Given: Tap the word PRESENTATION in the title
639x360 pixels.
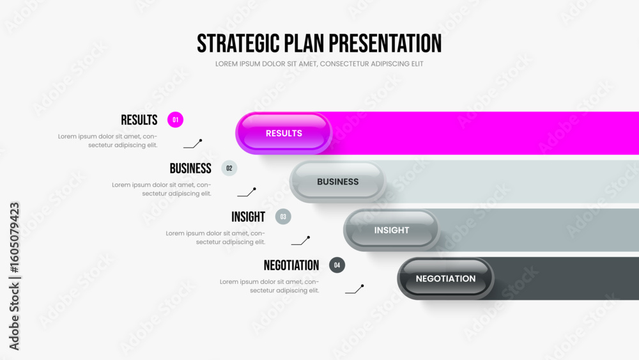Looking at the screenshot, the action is point(385,43).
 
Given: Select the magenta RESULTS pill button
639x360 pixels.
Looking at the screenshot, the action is point(284,133).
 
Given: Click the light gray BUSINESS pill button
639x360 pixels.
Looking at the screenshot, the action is point(337,182).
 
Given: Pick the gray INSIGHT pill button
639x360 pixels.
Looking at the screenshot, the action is point(391,230).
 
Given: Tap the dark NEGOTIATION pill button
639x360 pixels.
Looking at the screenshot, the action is point(445,278).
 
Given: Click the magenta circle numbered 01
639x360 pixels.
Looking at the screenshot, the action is point(175,120).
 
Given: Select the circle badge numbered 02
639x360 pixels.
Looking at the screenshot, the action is point(229,168).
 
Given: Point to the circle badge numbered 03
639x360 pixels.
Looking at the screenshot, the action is point(283,217).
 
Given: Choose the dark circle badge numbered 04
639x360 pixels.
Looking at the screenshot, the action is point(337,265).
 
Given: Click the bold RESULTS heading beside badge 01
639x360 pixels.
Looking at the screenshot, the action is point(139,120).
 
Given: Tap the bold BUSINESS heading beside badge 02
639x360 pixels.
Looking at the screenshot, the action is point(190,168).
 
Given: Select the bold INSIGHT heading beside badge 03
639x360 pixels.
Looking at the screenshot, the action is point(248,217).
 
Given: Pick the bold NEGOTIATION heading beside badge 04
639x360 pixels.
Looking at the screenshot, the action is point(291,265).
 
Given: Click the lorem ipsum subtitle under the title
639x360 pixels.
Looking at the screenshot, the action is point(319,64).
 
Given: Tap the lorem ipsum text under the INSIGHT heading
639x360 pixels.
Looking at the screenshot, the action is point(215,237).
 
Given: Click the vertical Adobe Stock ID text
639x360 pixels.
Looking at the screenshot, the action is point(14,276).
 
